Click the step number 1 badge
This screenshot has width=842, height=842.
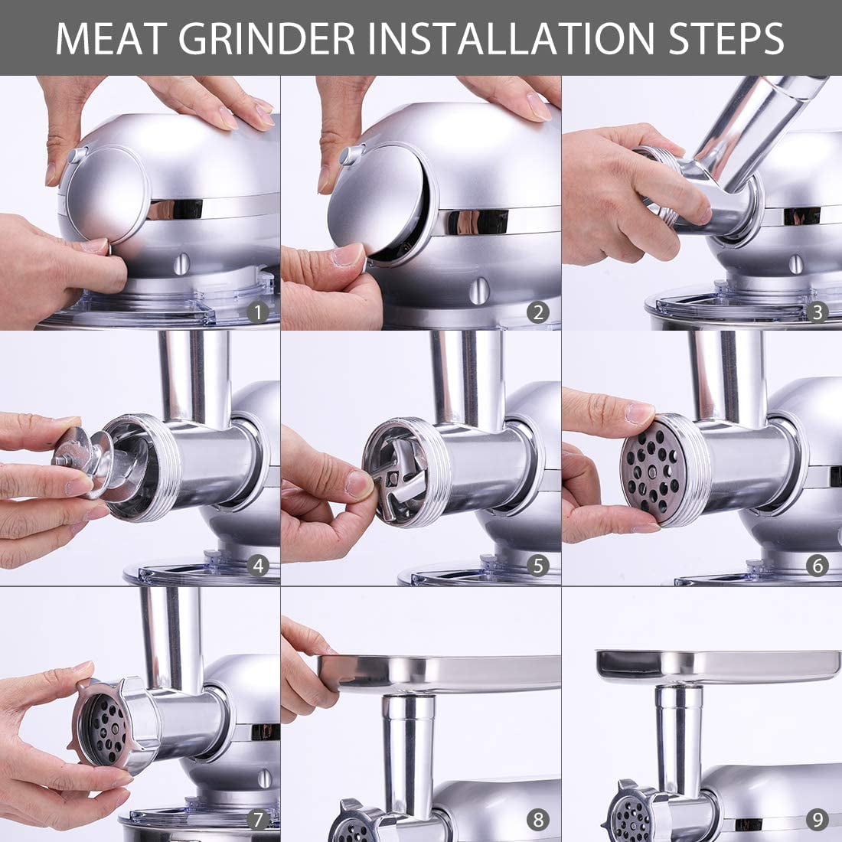pos(257,312)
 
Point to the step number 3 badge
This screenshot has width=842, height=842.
pos(818,312)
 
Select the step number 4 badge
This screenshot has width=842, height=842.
pos(257,566)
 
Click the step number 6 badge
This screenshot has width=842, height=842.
pos(818,566)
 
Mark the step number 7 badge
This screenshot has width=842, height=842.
pos(257,820)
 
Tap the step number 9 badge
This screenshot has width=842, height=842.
pos(818,820)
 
